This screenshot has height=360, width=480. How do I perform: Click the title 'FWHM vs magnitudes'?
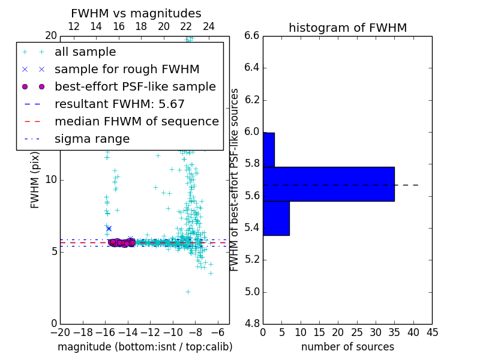[x=136, y=14]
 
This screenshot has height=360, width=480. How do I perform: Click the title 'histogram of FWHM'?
[x=347, y=28]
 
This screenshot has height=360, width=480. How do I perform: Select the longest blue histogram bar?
[x=328, y=184]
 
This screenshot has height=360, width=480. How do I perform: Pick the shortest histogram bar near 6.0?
[x=269, y=149]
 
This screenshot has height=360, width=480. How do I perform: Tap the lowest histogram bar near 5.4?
[x=276, y=218]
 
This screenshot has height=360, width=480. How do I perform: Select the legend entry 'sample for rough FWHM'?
[x=127, y=69]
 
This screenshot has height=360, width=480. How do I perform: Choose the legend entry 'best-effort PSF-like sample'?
[x=135, y=86]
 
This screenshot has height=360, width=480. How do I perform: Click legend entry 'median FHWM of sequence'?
[x=136, y=121]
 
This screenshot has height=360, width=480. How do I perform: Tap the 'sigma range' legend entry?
[x=92, y=139]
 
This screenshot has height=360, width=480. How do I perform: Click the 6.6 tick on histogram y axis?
[x=251, y=35]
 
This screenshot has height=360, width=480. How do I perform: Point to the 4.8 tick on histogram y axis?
[x=251, y=323]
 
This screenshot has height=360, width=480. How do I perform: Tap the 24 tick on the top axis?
[x=209, y=26]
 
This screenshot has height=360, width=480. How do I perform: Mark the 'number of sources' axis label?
[x=347, y=347]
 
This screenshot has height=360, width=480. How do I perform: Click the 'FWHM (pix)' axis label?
[x=35, y=179]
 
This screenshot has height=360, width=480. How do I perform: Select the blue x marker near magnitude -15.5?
[x=109, y=228]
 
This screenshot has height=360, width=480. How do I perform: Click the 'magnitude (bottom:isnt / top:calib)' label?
[x=145, y=347]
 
